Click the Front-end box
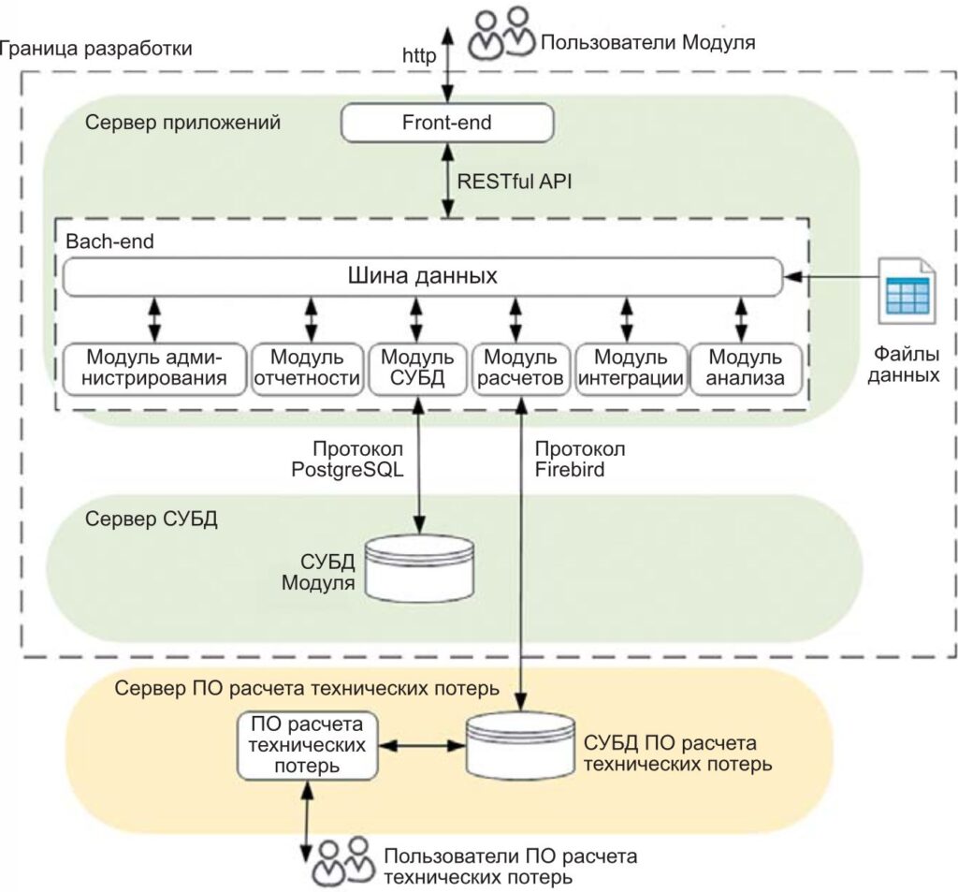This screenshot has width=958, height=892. pyautogui.click(x=446, y=122)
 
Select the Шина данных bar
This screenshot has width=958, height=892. pyautogui.click(x=422, y=277)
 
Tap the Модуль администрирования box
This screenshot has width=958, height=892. pyautogui.click(x=155, y=368)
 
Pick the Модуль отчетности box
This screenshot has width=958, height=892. pyautogui.click(x=308, y=368)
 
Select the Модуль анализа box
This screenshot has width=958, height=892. pyautogui.click(x=745, y=368)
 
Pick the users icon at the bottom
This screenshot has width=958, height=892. pyautogui.click(x=340, y=863)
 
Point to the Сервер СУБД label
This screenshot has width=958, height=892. pyautogui.click(x=151, y=519)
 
